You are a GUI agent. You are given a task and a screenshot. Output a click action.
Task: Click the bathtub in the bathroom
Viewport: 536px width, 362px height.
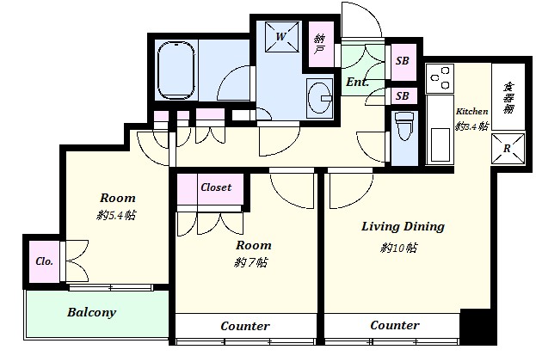point(176,70)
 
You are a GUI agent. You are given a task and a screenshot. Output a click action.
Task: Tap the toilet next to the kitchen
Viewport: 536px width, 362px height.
point(404,126)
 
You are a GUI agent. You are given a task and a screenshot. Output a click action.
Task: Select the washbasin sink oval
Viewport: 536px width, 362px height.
point(320,97)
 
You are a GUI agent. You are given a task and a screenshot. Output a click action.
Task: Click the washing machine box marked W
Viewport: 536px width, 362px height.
point(281,36)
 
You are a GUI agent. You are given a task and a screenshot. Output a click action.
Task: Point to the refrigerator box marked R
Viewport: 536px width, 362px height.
point(508,149)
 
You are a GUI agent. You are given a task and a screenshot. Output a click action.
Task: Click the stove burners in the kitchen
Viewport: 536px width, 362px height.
point(440,78)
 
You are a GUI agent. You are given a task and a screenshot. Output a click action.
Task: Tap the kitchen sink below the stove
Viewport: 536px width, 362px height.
point(440,144)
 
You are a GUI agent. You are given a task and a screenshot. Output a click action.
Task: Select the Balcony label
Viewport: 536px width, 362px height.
point(91,312)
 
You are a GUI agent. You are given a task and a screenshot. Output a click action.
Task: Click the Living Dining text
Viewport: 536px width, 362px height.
point(403,227)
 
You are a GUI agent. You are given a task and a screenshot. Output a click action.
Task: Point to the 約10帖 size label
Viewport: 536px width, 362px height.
point(398,248)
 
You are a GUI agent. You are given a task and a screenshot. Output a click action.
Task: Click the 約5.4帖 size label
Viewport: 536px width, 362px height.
point(116,216)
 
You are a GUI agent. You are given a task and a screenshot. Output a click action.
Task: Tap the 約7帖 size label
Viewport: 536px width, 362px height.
point(251,262)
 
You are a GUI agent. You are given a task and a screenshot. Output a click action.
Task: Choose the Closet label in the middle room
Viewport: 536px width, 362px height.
point(216,187)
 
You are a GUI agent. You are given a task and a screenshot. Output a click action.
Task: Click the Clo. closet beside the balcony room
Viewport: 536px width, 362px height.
point(45,261)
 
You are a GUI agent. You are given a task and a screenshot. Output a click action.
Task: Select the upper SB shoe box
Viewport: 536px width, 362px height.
point(403,61)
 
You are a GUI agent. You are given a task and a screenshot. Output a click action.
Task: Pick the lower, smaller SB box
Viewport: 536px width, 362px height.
point(403,96)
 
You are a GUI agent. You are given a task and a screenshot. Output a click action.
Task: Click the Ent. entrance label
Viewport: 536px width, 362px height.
point(357,82)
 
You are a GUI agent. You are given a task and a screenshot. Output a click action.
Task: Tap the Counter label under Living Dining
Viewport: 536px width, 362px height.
point(395,325)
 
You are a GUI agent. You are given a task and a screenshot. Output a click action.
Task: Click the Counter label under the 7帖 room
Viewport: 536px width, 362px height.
point(245,326)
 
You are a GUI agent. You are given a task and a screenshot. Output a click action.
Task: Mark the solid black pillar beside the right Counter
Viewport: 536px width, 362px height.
point(477,327)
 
